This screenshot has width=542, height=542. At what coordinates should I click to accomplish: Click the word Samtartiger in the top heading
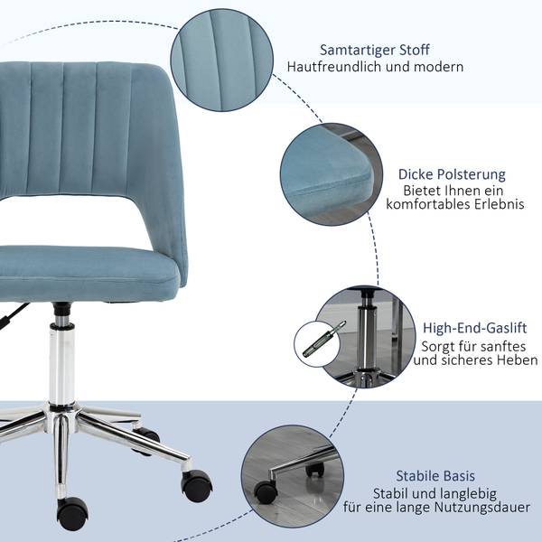[x=358, y=50]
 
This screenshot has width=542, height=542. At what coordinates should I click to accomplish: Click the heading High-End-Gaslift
[x=475, y=328]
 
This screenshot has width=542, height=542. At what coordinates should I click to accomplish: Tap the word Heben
[x=518, y=360]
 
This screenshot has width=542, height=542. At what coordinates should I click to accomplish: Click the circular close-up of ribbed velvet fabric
[x=222, y=61]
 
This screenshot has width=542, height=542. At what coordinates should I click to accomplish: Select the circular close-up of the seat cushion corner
[x=332, y=174]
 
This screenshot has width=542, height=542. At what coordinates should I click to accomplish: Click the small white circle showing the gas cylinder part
[x=317, y=344]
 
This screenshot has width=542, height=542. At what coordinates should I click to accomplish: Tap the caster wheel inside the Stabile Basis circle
[x=266, y=492]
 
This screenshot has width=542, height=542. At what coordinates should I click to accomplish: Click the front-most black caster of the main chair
[x=72, y=514]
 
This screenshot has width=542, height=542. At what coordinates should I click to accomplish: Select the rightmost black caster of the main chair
[x=197, y=485]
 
